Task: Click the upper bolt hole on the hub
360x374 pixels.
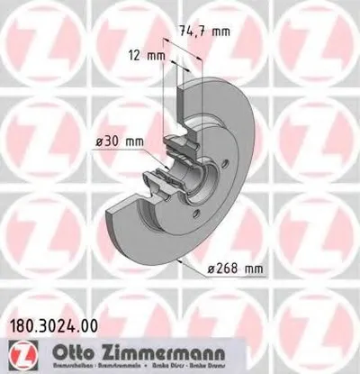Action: pyautogui.click(x=200, y=163)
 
